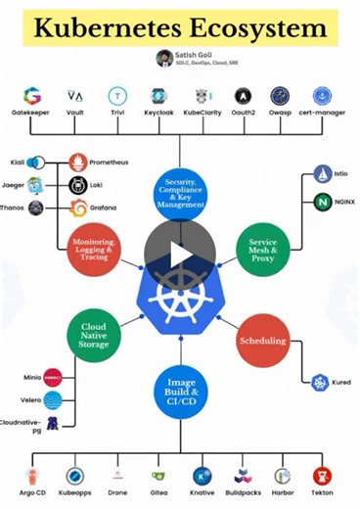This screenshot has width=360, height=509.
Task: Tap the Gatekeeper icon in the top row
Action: (32, 96)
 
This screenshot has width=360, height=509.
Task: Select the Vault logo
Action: (75, 96)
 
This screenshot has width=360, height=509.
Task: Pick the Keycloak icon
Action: (159, 96)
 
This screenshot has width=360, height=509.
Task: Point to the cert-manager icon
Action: (322, 96)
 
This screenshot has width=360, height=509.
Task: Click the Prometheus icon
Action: (79, 161)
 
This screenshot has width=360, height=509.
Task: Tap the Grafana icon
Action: (79, 208)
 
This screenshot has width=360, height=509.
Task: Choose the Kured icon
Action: (319, 383)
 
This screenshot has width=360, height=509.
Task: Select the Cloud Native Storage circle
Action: (94, 336)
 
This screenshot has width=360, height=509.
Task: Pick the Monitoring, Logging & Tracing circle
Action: (94, 249)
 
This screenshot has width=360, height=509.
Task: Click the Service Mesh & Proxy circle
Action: (263, 249)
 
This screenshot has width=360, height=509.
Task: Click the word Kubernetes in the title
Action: (113, 27)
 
